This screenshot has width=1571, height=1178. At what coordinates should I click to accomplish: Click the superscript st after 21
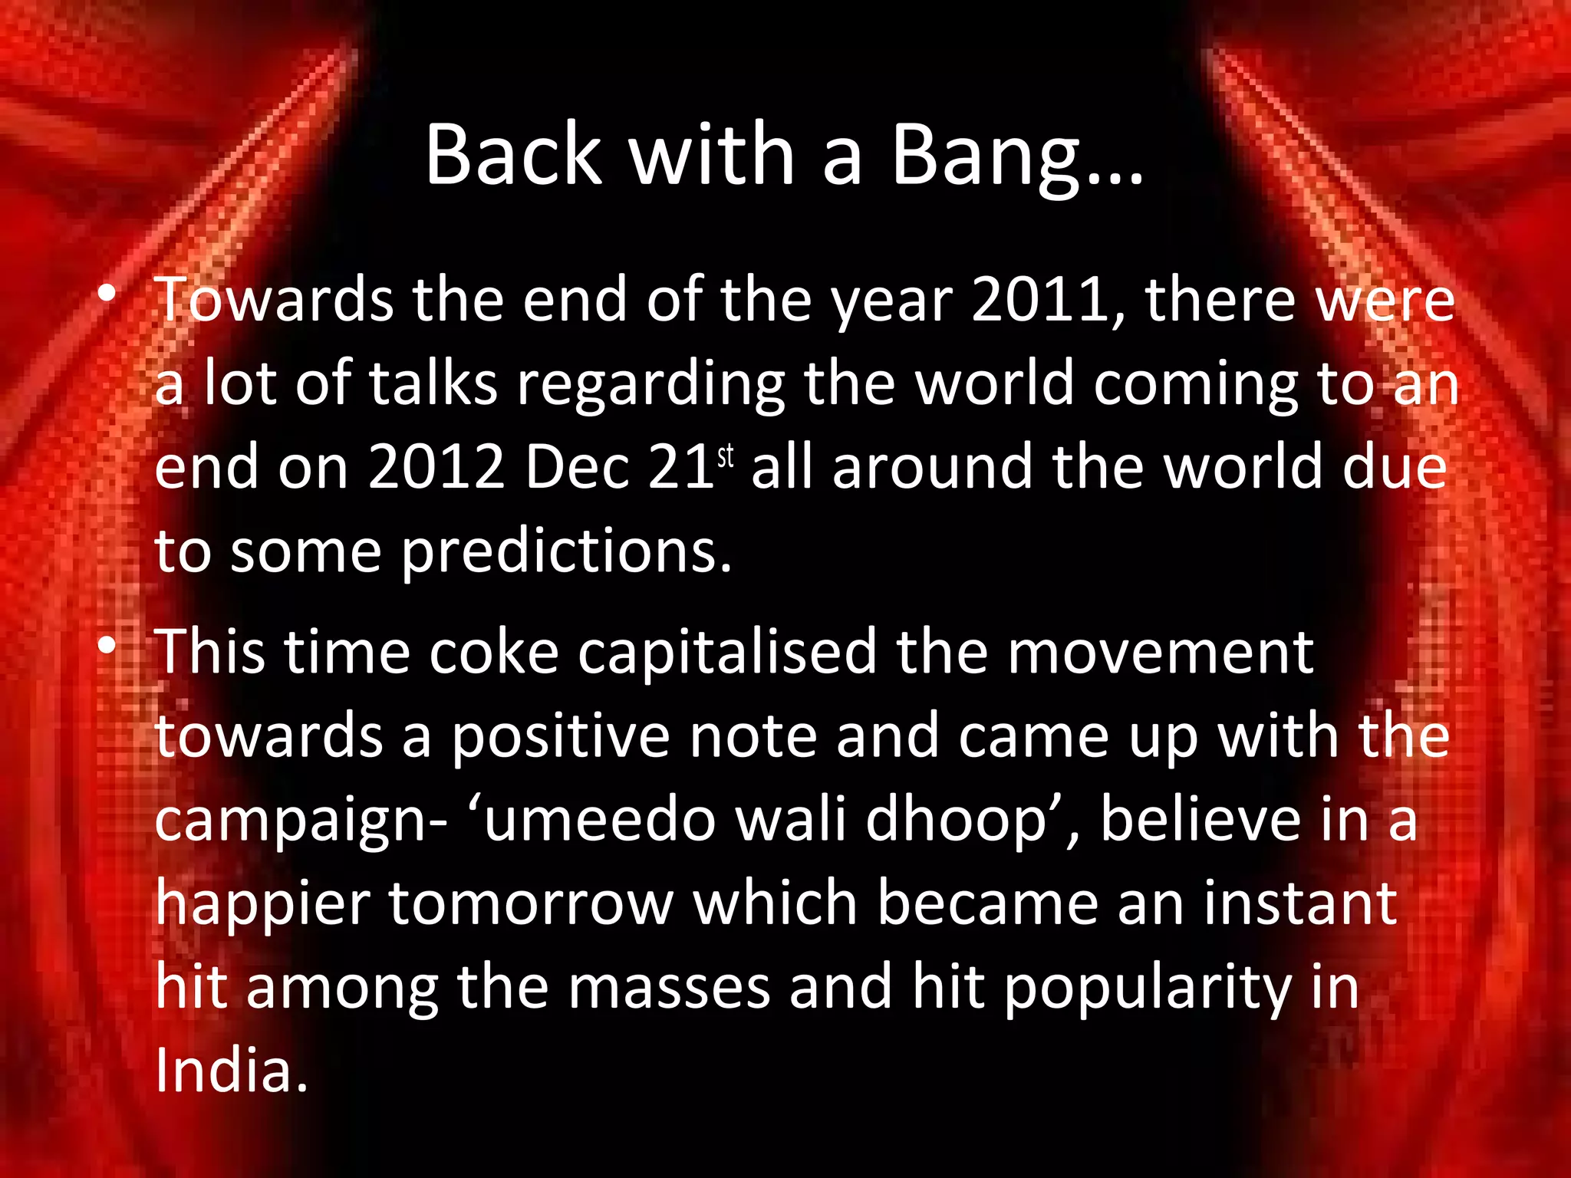click(x=726, y=458)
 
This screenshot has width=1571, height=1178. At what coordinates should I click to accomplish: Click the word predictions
click(x=566, y=552)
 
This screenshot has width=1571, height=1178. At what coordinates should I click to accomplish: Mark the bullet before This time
click(x=107, y=646)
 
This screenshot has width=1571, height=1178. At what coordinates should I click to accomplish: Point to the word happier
click(x=263, y=905)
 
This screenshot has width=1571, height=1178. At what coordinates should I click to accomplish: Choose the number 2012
click(x=436, y=467)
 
